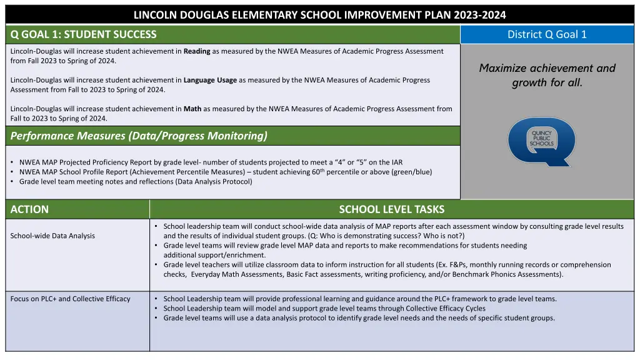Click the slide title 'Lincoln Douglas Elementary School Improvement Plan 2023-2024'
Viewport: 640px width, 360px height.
coord(320,15)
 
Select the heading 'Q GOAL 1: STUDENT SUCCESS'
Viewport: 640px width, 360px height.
coord(84,34)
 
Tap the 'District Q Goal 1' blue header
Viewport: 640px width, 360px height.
coord(547,34)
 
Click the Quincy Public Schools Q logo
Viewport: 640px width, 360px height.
coord(541,142)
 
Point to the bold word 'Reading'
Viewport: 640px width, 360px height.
coord(197,51)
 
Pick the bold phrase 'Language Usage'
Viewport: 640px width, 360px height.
coord(210,80)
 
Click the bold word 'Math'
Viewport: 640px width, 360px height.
coord(192,109)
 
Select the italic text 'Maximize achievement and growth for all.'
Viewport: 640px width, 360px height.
coord(547,75)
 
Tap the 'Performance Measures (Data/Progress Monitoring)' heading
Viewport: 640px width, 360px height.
coord(139,136)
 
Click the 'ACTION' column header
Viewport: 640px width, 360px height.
coord(29,209)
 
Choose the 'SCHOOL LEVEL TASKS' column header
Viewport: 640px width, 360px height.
coord(391,209)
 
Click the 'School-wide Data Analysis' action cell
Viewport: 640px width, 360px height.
coord(52,236)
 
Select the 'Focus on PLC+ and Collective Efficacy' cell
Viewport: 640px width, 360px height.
coord(71,299)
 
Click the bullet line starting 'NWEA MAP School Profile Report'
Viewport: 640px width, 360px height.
coord(225,172)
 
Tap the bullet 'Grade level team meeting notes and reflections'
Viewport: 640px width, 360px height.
coord(136,181)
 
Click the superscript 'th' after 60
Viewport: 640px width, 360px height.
coord(323,169)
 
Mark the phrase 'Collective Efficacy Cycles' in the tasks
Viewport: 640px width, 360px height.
coord(446,308)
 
